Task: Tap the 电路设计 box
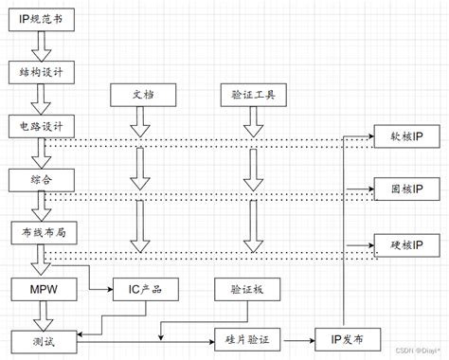pyautogui.click(x=38, y=124)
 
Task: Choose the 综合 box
pyautogui.click(x=38, y=177)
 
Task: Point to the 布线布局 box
pyautogui.click(x=38, y=230)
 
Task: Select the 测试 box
pyautogui.click(x=38, y=338)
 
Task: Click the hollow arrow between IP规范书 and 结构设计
pyautogui.click(x=38, y=44)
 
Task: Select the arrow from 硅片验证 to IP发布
pyautogui.click(x=301, y=338)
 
